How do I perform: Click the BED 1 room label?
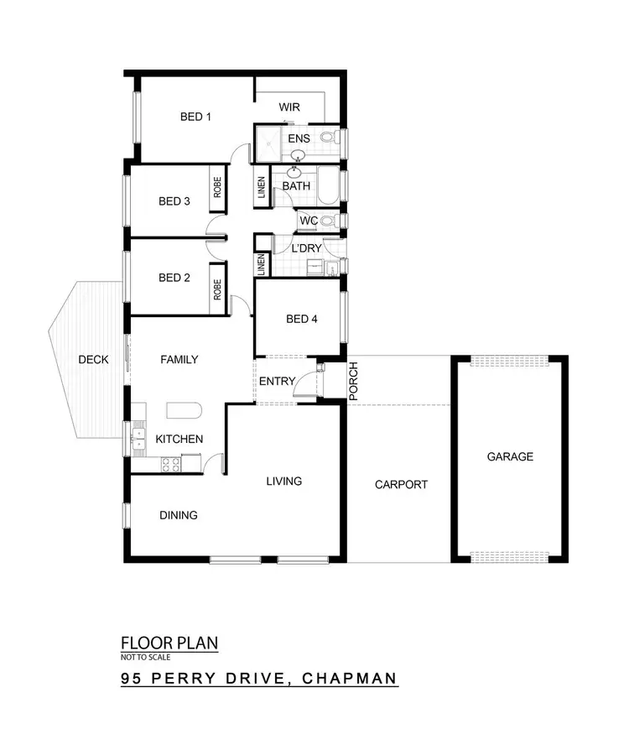(195, 117)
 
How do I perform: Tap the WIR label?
(289, 108)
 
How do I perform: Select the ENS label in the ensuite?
(299, 138)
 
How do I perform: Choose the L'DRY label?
(306, 248)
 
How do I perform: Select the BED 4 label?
(302, 319)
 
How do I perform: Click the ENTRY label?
(277, 382)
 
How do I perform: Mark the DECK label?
(93, 360)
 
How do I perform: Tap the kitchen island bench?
(184, 410)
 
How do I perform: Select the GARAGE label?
(510, 457)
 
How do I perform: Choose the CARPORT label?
(401, 484)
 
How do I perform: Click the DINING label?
(179, 515)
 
